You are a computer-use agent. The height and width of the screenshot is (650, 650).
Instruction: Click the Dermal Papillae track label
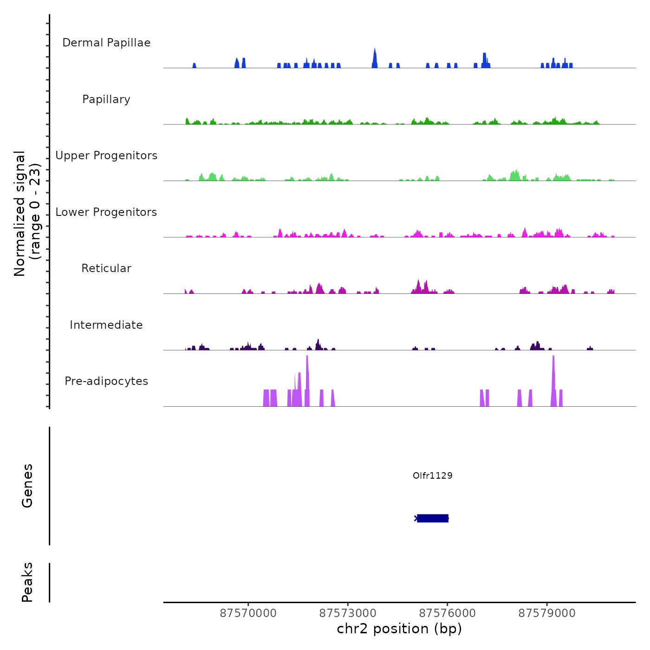point(106,43)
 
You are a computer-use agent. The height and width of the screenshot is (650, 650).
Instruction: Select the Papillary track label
point(106,99)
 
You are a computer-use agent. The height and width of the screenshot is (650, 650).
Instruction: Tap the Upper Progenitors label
point(106,156)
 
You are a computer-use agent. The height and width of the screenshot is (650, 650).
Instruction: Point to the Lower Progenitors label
point(106,212)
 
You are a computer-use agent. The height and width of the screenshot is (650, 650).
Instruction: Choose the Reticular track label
point(106,268)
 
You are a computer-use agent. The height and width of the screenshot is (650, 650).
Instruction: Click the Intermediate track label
point(106,325)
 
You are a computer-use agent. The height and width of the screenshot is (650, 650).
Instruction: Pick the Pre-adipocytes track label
point(106,381)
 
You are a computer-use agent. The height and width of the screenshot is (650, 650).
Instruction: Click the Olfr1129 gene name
point(432,475)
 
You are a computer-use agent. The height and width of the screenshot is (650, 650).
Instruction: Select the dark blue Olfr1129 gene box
point(433,518)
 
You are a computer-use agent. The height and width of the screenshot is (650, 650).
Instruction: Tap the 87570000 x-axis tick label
point(248,613)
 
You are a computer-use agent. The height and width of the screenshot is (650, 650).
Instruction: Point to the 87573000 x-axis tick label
point(348,613)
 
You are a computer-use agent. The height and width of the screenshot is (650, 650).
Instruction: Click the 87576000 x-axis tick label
point(448,613)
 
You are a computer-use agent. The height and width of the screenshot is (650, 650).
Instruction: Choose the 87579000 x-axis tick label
point(547,613)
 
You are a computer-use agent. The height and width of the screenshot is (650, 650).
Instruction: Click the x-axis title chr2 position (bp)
point(399,629)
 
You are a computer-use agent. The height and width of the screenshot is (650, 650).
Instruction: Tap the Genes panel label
point(27,486)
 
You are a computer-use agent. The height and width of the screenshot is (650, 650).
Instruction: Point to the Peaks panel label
point(27,582)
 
